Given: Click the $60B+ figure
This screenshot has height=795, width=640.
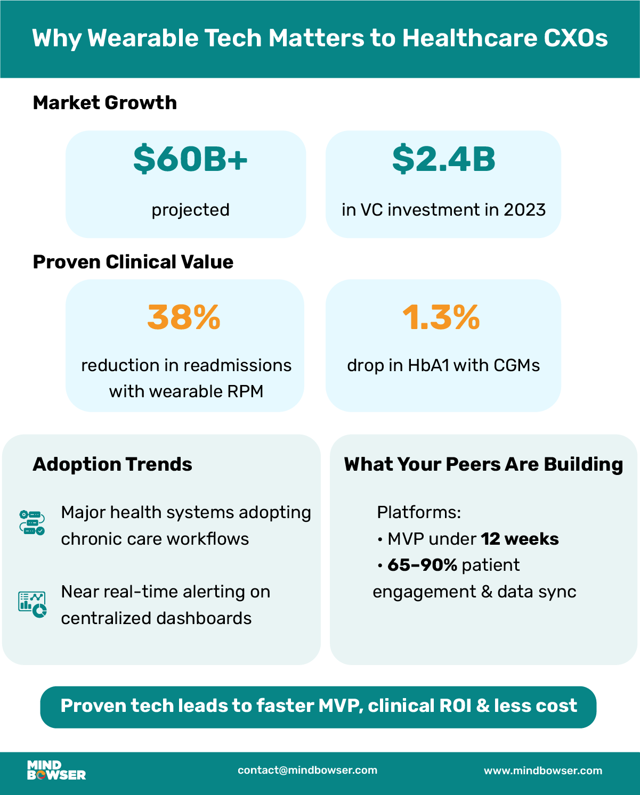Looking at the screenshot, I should click(x=190, y=159).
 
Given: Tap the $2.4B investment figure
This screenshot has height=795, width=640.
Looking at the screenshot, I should click(x=443, y=159).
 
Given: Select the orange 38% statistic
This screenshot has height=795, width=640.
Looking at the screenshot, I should click(x=184, y=317).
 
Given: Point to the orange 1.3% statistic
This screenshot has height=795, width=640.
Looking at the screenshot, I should click(x=441, y=317).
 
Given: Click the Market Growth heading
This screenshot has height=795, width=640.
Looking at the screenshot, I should click(x=105, y=103).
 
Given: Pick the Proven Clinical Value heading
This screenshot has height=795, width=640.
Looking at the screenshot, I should click(x=133, y=262).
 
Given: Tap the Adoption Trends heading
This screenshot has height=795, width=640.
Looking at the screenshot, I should click(x=112, y=464).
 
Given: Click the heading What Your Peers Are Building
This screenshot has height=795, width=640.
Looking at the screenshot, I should click(x=483, y=464).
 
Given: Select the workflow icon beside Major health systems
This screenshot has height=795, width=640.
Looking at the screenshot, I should click(x=32, y=522).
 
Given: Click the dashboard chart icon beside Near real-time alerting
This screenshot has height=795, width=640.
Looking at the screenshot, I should click(x=32, y=604).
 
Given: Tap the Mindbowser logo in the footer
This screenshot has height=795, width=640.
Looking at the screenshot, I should click(x=56, y=771).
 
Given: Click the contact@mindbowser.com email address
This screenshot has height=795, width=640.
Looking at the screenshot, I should click(x=307, y=770).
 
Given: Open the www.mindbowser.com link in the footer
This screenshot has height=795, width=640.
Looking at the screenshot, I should click(x=543, y=771).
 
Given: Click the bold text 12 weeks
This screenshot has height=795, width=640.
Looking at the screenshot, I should click(x=520, y=539).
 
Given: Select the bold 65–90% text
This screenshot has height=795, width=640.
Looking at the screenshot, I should click(x=422, y=565).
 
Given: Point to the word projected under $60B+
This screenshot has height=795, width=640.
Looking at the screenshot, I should click(x=190, y=210).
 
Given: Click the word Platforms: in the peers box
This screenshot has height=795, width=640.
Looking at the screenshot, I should click(x=419, y=512).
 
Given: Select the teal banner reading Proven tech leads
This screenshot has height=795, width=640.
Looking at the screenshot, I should click(x=318, y=706).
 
